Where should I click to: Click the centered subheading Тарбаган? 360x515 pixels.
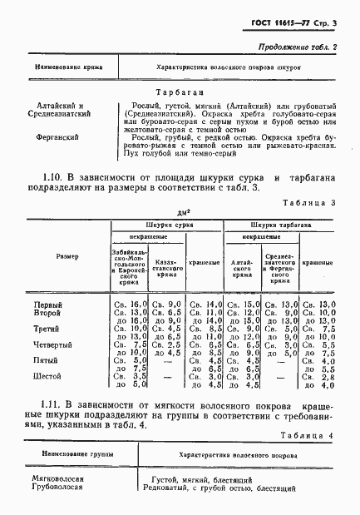(180, 94)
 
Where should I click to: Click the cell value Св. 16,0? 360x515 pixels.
(129, 306)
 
